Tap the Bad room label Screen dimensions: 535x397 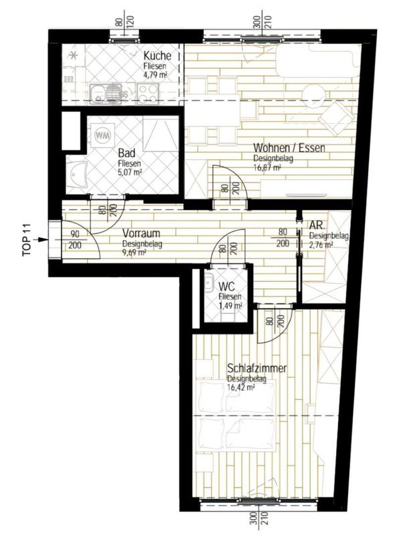click(x=127, y=152)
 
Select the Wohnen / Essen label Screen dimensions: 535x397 click(x=289, y=148)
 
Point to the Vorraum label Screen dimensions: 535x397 click(x=140, y=235)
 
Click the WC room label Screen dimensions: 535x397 click(x=227, y=288)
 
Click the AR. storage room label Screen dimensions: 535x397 click(x=315, y=227)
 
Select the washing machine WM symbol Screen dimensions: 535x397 click(x=103, y=135)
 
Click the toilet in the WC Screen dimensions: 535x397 click(x=209, y=284)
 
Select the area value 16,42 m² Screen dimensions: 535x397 click(x=241, y=387)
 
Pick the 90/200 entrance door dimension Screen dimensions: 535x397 click(x=75, y=240)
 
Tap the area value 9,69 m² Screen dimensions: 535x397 click(x=133, y=253)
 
